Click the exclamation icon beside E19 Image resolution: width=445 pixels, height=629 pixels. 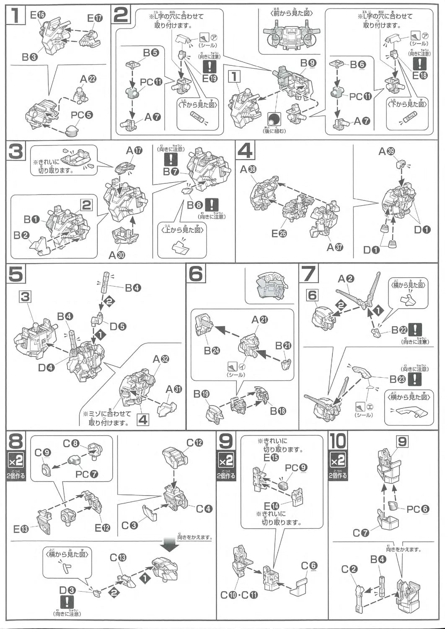click(x=209, y=67)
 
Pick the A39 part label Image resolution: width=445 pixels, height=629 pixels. click(x=386, y=151)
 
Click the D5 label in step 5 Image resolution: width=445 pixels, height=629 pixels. click(x=118, y=326)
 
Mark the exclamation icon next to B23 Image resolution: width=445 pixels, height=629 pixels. click(x=415, y=379)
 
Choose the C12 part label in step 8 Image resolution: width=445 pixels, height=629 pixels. click(x=194, y=443)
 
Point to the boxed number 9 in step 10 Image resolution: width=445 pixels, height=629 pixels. click(x=402, y=442)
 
